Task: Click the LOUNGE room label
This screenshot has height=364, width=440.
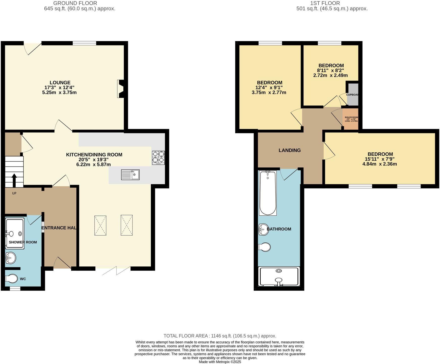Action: pos(60,82)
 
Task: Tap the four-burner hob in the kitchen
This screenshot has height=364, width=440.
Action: pos(158,158)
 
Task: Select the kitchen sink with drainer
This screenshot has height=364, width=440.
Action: pos(130,175)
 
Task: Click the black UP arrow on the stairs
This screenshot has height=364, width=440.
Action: pos(14,180)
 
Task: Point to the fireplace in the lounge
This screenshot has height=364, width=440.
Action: pos(121,89)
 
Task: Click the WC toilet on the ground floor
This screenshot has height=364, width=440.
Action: pos(12,278)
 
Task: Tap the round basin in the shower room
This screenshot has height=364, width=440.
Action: pos(11,258)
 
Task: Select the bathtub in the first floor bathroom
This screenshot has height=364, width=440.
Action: pos(268,193)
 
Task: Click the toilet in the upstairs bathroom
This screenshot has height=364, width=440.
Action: pos(265,247)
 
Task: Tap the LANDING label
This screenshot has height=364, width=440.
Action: pos(289,150)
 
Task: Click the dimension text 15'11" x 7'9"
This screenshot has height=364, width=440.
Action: pos(380,159)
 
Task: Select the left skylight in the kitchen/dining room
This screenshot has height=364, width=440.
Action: pos(100,225)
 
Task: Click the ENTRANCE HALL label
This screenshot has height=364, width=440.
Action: pos(60,228)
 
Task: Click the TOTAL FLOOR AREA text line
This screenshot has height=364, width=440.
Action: pos(220,336)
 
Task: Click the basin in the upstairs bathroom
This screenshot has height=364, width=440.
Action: pos(263,229)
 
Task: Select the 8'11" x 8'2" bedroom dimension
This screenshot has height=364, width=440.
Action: pos(331,71)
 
